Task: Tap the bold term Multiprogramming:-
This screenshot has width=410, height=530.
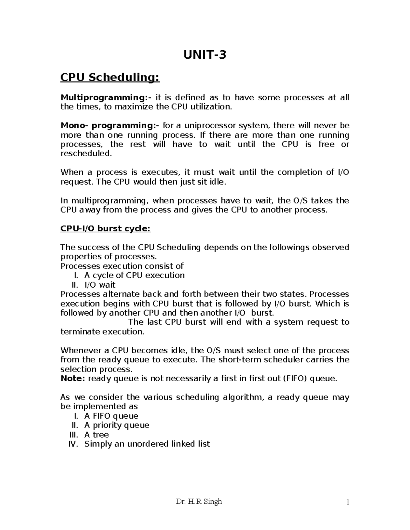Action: tap(106, 98)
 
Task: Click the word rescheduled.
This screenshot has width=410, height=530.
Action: tap(86, 154)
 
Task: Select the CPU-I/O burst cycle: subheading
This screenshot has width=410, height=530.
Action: tap(105, 228)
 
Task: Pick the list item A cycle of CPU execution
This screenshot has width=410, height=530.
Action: tap(134, 275)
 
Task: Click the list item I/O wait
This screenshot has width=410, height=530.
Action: tap(100, 285)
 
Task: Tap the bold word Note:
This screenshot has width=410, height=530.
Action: tap(73, 378)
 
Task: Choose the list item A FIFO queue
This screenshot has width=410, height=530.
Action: tap(111, 416)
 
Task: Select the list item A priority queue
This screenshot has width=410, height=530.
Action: tap(117, 425)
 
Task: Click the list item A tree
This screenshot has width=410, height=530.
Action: tap(96, 435)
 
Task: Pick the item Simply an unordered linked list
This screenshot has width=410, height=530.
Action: tap(147, 444)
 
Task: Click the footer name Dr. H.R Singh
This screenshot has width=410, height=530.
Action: tap(199, 502)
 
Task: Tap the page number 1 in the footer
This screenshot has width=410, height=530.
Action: tap(347, 502)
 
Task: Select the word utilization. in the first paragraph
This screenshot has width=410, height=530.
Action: tap(211, 107)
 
